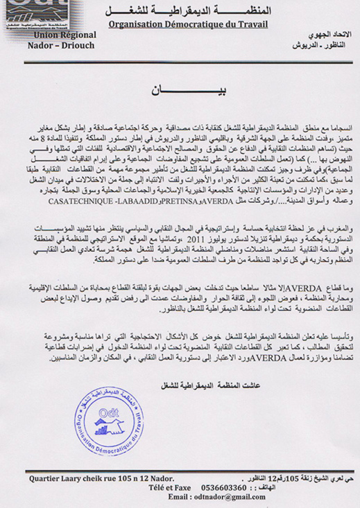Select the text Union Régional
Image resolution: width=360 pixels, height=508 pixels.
click(x=62, y=35)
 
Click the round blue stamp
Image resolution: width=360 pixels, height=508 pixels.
click(x=108, y=420)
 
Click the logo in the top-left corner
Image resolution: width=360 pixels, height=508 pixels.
click(x=28, y=13)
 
